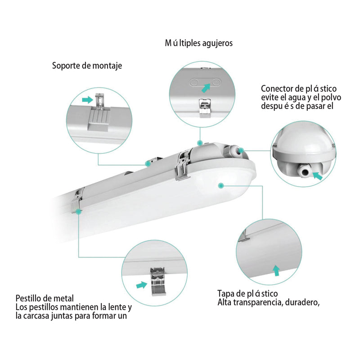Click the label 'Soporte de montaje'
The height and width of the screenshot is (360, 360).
87,66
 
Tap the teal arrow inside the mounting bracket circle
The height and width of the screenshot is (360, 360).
88,99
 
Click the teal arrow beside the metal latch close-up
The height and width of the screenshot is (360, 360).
142,285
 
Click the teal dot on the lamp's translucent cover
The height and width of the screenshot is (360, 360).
221,185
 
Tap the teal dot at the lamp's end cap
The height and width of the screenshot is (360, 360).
242,149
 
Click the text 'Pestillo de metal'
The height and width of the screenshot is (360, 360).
44,298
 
